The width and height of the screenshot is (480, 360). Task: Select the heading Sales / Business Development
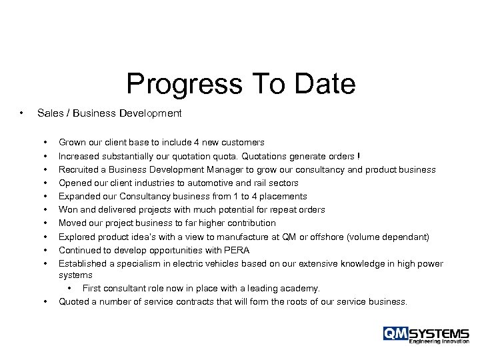coord(109,113)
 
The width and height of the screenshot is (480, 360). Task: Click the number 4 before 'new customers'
coord(194,143)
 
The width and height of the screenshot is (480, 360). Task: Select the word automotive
coord(190,183)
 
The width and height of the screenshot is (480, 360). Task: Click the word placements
coord(283,196)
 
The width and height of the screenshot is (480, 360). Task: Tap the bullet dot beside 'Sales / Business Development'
coord(23,113)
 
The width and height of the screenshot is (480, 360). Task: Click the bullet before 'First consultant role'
coord(69,288)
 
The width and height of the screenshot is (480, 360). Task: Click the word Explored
coord(77,236)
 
